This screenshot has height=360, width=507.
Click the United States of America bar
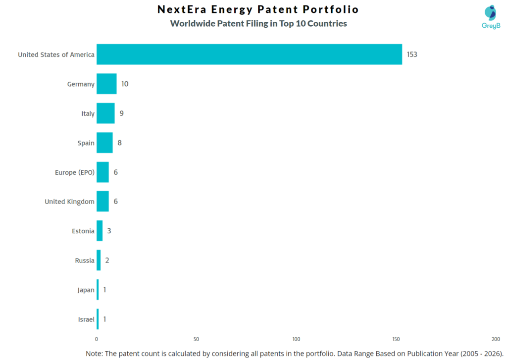pos(249,54)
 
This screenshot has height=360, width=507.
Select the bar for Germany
pos(106,84)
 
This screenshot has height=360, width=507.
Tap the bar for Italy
pos(105,113)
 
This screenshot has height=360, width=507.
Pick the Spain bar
pos(104,143)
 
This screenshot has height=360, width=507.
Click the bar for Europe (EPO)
pos(102,172)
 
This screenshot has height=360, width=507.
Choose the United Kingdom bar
pos(102,202)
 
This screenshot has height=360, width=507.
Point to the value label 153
pos(412,54)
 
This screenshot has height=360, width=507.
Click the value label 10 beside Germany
pos(125,84)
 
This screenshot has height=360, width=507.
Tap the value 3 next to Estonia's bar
pos(109,231)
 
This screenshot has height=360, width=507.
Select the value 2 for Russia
pos(107,260)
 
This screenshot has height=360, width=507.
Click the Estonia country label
pos(83,231)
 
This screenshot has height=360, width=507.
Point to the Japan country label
pos(86,290)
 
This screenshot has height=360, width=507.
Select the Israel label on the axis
pos(86,319)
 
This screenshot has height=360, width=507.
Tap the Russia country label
pos(85,260)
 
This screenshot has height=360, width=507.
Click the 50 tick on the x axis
pos(196,339)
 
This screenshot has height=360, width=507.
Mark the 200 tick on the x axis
pos(496,339)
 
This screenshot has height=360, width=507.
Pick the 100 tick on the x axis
pos(296,339)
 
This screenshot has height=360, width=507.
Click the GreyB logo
pos(491,17)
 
